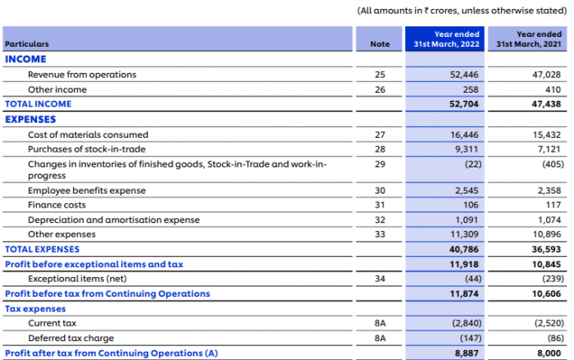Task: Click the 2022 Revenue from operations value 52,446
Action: [463, 75]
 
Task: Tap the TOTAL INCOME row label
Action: [39, 104]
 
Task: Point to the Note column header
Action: [379, 44]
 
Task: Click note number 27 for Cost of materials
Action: [379, 134]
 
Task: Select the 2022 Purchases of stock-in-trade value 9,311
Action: [467, 149]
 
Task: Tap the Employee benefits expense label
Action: [87, 190]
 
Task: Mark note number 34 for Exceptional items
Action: [379, 279]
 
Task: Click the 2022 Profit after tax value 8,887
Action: [465, 353]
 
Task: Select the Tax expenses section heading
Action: [35, 308]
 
